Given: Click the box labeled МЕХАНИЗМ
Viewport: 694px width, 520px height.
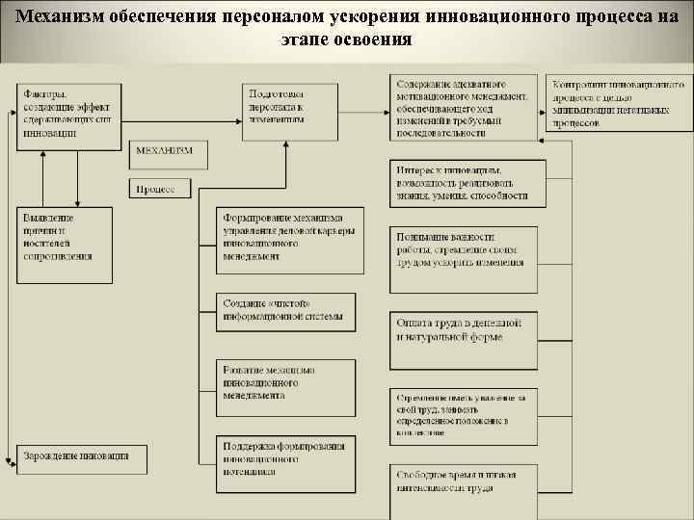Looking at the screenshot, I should point(165,152).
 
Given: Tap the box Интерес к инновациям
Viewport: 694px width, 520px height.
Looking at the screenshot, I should point(466,183).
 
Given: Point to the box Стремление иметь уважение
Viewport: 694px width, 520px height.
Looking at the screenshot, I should point(466,412).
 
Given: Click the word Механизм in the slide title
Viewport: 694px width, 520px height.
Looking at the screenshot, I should point(57,19).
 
